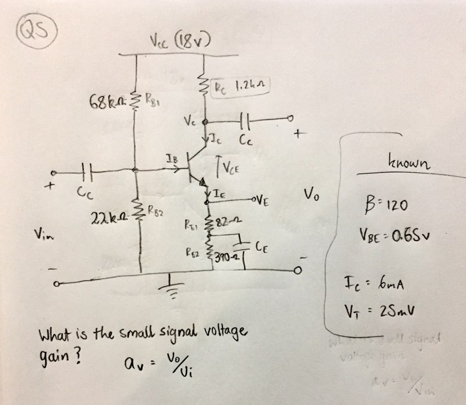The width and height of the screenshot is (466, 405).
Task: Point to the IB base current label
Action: coord(170,158)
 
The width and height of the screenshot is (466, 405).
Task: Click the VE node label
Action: coord(261,201)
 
